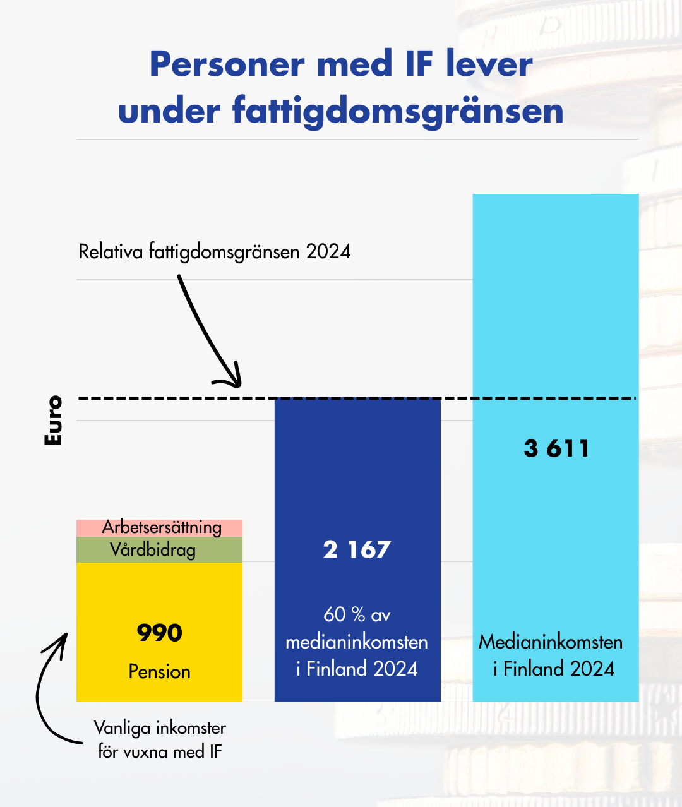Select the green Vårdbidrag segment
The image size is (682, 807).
pos(159,550)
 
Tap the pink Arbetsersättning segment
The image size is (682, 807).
pos(159,527)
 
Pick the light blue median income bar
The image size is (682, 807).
pos(556,316)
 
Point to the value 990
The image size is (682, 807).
pos(159,633)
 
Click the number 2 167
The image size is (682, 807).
pos(357,549)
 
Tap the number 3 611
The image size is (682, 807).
pos(556,448)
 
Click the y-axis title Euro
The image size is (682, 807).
pos(54,421)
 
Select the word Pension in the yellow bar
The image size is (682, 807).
pos(159,671)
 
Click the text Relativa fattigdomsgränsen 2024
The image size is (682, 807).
pos(215,251)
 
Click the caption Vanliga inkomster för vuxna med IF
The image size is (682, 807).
pos(160,739)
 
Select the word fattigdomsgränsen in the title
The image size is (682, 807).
pos(398,111)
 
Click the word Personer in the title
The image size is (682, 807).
pos(227,64)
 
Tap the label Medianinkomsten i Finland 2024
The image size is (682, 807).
pos(551,655)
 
